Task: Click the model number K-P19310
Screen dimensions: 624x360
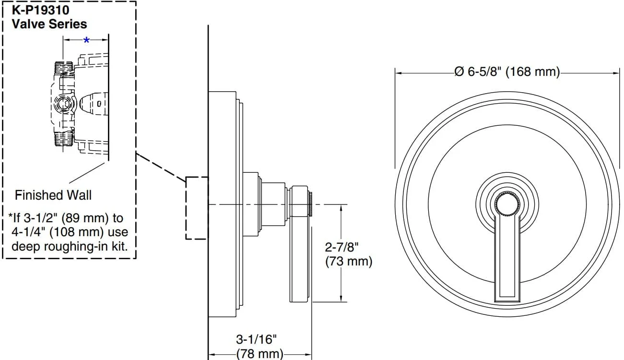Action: (x=40, y=10)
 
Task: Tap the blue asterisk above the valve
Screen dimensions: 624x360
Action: (x=87, y=40)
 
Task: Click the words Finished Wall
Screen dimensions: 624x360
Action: (x=53, y=195)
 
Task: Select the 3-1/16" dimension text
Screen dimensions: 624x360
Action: (x=256, y=339)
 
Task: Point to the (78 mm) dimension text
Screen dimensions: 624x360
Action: (x=259, y=354)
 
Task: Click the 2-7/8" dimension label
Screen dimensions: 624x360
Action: (x=341, y=247)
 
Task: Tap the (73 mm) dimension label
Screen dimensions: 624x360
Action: (x=349, y=262)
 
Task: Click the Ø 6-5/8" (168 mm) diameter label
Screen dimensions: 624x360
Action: (x=507, y=72)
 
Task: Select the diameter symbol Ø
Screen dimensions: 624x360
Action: (x=459, y=72)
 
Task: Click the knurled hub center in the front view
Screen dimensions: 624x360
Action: (x=507, y=204)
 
